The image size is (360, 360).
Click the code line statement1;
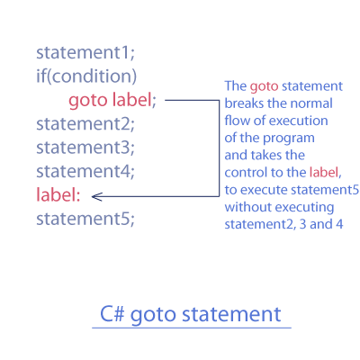[85, 52]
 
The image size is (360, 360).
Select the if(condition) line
[86, 76]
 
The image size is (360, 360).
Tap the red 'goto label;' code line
[112, 101]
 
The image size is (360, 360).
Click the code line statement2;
[85, 123]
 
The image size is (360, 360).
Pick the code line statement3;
[85, 148]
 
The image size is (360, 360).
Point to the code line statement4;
[85, 171]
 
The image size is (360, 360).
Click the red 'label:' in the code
[58, 194]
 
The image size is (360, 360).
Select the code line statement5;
[85, 219]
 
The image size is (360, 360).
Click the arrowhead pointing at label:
[96, 197]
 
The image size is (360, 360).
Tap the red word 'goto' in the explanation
[264, 86]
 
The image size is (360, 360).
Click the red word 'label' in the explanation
[324, 172]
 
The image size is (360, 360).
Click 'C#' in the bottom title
[112, 314]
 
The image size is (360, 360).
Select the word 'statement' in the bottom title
[231, 314]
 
